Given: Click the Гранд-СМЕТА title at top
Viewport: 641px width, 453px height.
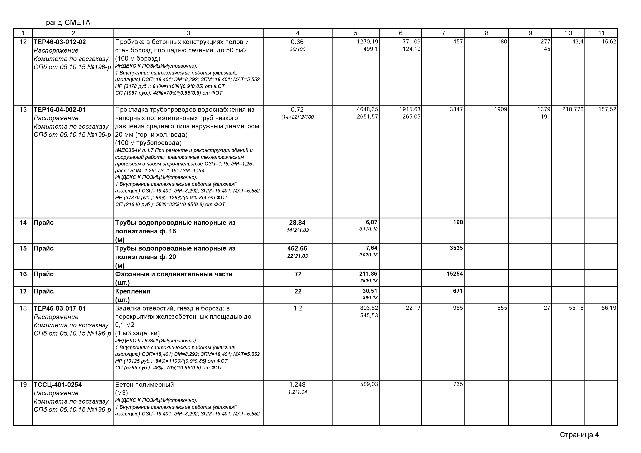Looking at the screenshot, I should pyautogui.click(x=66, y=23).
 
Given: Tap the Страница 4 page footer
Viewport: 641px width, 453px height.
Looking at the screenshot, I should pyautogui.click(x=579, y=435).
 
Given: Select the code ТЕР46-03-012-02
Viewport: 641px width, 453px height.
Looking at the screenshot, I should pyautogui.click(x=60, y=42).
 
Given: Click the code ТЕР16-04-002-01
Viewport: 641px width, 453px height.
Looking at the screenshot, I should pyautogui.click(x=60, y=110).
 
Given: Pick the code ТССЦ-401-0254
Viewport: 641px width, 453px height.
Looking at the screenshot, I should pyautogui.click(x=58, y=385).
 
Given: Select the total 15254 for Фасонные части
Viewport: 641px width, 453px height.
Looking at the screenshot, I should pyautogui.click(x=455, y=274).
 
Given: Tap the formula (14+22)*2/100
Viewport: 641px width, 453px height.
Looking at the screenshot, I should pyautogui.click(x=297, y=117).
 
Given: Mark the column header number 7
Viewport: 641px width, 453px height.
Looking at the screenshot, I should pyautogui.click(x=443, y=33).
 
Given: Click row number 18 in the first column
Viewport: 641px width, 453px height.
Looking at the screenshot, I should pyautogui.click(x=23, y=308).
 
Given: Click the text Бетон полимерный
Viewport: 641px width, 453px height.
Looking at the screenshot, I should pyautogui.click(x=144, y=385).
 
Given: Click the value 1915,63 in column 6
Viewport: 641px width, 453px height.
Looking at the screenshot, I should pyautogui.click(x=410, y=109).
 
